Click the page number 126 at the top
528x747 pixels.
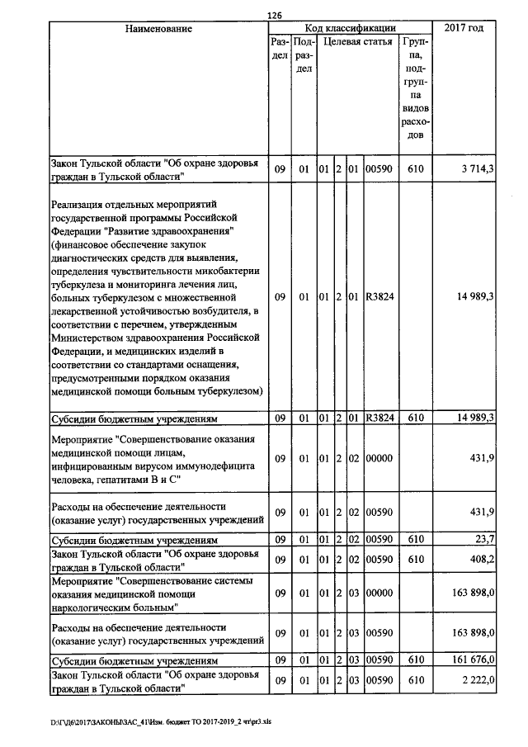(275, 14)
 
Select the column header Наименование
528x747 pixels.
(158, 29)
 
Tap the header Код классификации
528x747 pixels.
(350, 28)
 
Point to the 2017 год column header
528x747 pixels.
(464, 29)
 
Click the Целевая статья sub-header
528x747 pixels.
(356, 41)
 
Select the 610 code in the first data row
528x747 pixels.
(415, 169)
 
